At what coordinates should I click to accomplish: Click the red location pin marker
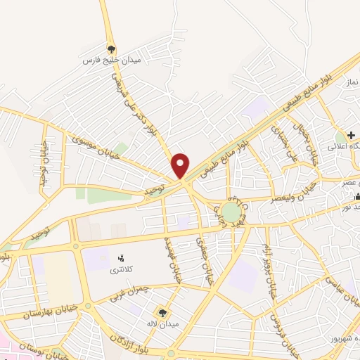pyautogui.click(x=181, y=165)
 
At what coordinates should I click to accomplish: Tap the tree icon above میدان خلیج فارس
pyautogui.click(x=111, y=49)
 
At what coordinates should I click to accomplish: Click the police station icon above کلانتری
pyautogui.click(x=120, y=258)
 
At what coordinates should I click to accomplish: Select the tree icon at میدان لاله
pyautogui.click(x=164, y=312)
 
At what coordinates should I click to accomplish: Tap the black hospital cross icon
pyautogui.click(x=350, y=134)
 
